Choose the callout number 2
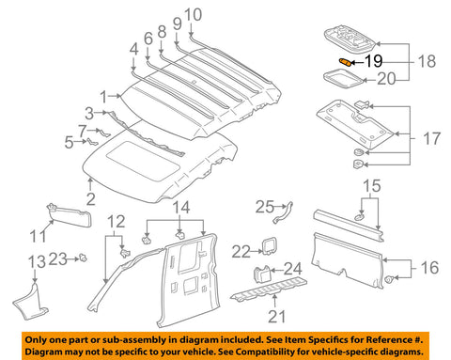click(x=90, y=199)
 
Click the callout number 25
click(x=264, y=206)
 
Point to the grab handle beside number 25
click(x=290, y=211)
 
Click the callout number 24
click(x=293, y=270)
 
